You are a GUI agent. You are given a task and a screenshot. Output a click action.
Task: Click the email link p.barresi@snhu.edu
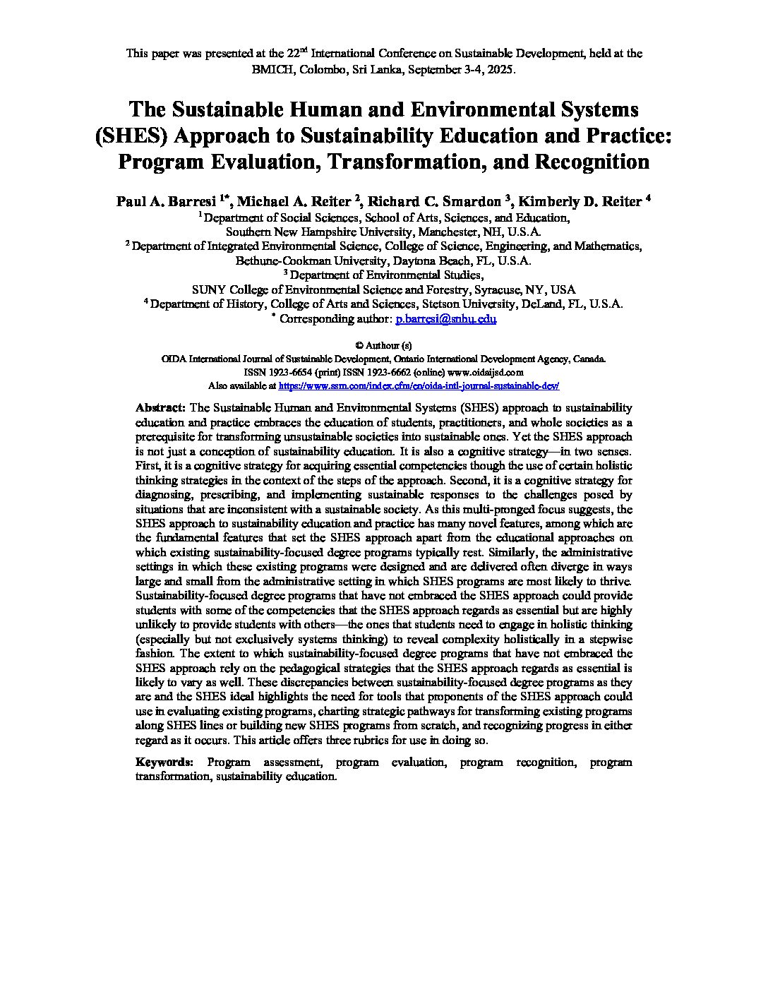[x=446, y=319]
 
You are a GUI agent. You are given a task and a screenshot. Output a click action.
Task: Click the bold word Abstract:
[x=160, y=408]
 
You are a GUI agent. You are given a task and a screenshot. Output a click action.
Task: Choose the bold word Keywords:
[x=164, y=762]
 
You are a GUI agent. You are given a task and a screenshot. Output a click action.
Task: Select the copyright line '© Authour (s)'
[x=383, y=346]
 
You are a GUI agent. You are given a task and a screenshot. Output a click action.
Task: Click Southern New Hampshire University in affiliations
[x=317, y=232]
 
